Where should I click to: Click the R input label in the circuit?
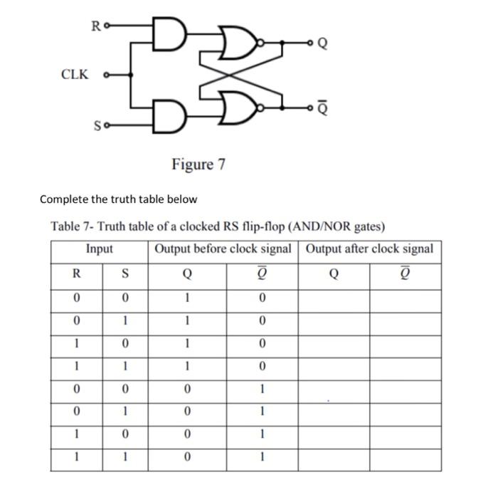point(95,27)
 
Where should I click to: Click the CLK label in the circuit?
point(75,74)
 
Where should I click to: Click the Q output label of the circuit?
point(322,42)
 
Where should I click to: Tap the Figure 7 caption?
point(198,164)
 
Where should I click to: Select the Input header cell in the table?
point(100,249)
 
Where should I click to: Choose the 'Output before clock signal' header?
point(223,249)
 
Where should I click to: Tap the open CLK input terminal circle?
point(107,74)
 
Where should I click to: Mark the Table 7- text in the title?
point(72,226)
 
